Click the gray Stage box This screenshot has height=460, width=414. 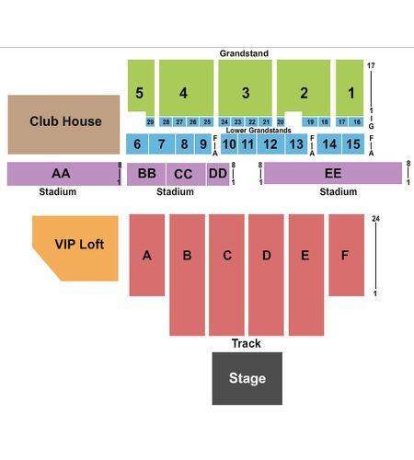(x=247, y=378)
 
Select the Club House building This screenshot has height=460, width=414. (x=63, y=124)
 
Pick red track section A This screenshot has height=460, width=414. (x=147, y=255)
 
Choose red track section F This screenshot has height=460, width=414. (x=347, y=255)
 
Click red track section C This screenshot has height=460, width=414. (x=226, y=275)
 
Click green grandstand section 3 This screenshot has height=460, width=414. (x=245, y=87)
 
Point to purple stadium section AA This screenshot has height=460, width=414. (x=63, y=174)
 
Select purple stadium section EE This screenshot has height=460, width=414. (x=333, y=173)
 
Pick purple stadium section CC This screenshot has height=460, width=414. (x=186, y=174)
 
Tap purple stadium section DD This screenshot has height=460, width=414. (x=218, y=174)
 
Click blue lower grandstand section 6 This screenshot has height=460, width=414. (x=137, y=144)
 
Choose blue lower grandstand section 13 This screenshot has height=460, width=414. (x=296, y=144)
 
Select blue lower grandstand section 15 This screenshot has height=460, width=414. (x=352, y=144)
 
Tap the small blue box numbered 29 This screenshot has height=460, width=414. (x=150, y=121)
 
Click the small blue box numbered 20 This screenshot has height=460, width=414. (x=281, y=121)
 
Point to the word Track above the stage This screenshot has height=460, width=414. (x=246, y=343)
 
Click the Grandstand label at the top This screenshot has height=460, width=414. (x=244, y=53)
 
